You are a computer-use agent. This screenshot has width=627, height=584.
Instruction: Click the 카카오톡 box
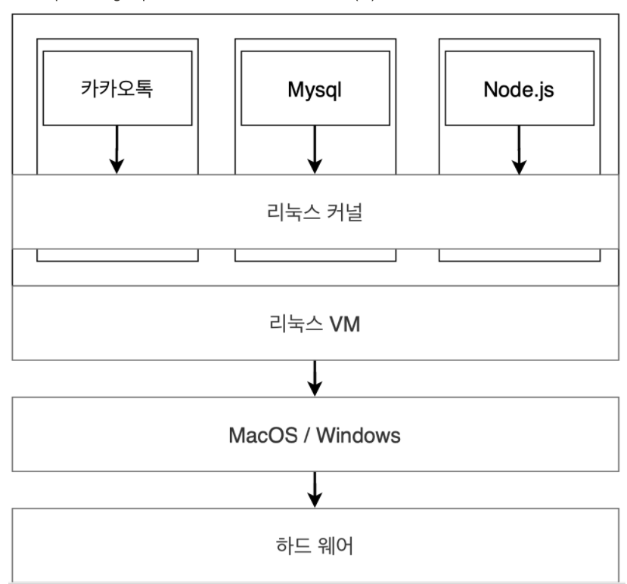(117, 88)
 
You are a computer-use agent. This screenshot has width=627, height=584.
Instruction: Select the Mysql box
(315, 88)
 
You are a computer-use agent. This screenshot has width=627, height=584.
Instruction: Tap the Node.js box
(519, 88)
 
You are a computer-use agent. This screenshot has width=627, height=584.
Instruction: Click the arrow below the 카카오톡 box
(117, 149)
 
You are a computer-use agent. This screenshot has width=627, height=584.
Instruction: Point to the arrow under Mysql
(315, 149)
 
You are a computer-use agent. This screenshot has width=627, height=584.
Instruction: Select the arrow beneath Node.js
(519, 149)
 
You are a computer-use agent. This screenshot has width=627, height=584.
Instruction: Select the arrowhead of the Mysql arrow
(315, 166)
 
